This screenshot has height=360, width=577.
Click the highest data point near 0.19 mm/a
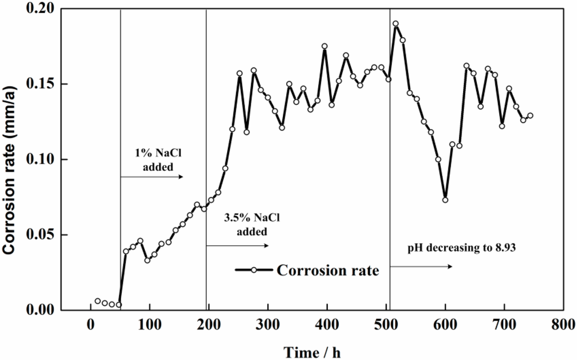[396, 24]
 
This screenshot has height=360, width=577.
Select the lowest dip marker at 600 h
[445, 200]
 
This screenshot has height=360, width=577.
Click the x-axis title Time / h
[312, 352]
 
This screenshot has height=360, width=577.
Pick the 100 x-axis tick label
[149, 325]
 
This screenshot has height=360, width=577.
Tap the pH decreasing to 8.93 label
[460, 246]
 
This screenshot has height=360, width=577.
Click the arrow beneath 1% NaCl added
[152, 177]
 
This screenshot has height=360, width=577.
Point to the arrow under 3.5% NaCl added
[237, 246]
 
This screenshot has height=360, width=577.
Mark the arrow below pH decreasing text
[421, 266]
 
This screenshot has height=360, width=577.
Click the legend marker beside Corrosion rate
[254, 270]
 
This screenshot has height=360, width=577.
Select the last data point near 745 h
[530, 115]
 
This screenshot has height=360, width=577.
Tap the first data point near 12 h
[97, 301]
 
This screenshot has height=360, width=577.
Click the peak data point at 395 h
[325, 46]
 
